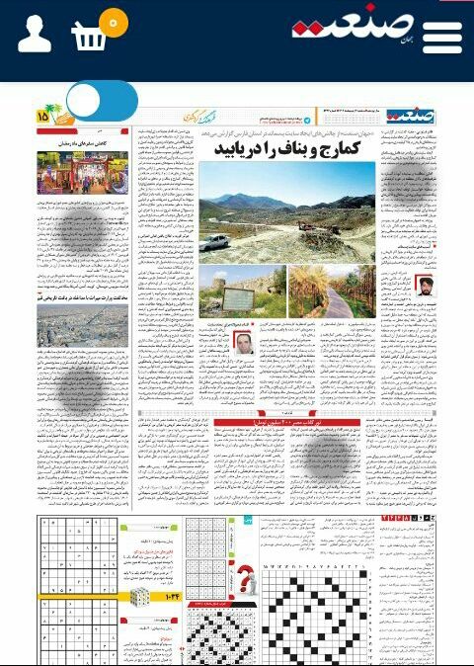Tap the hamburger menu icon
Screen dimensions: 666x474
click(x=441, y=37)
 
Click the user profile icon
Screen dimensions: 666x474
click(x=34, y=34)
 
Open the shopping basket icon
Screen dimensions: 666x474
click(x=89, y=38)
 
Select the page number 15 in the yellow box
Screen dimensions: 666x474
click(x=42, y=116)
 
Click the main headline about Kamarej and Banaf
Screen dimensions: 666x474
click(x=292, y=149)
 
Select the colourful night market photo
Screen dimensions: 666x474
click(x=83, y=171)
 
